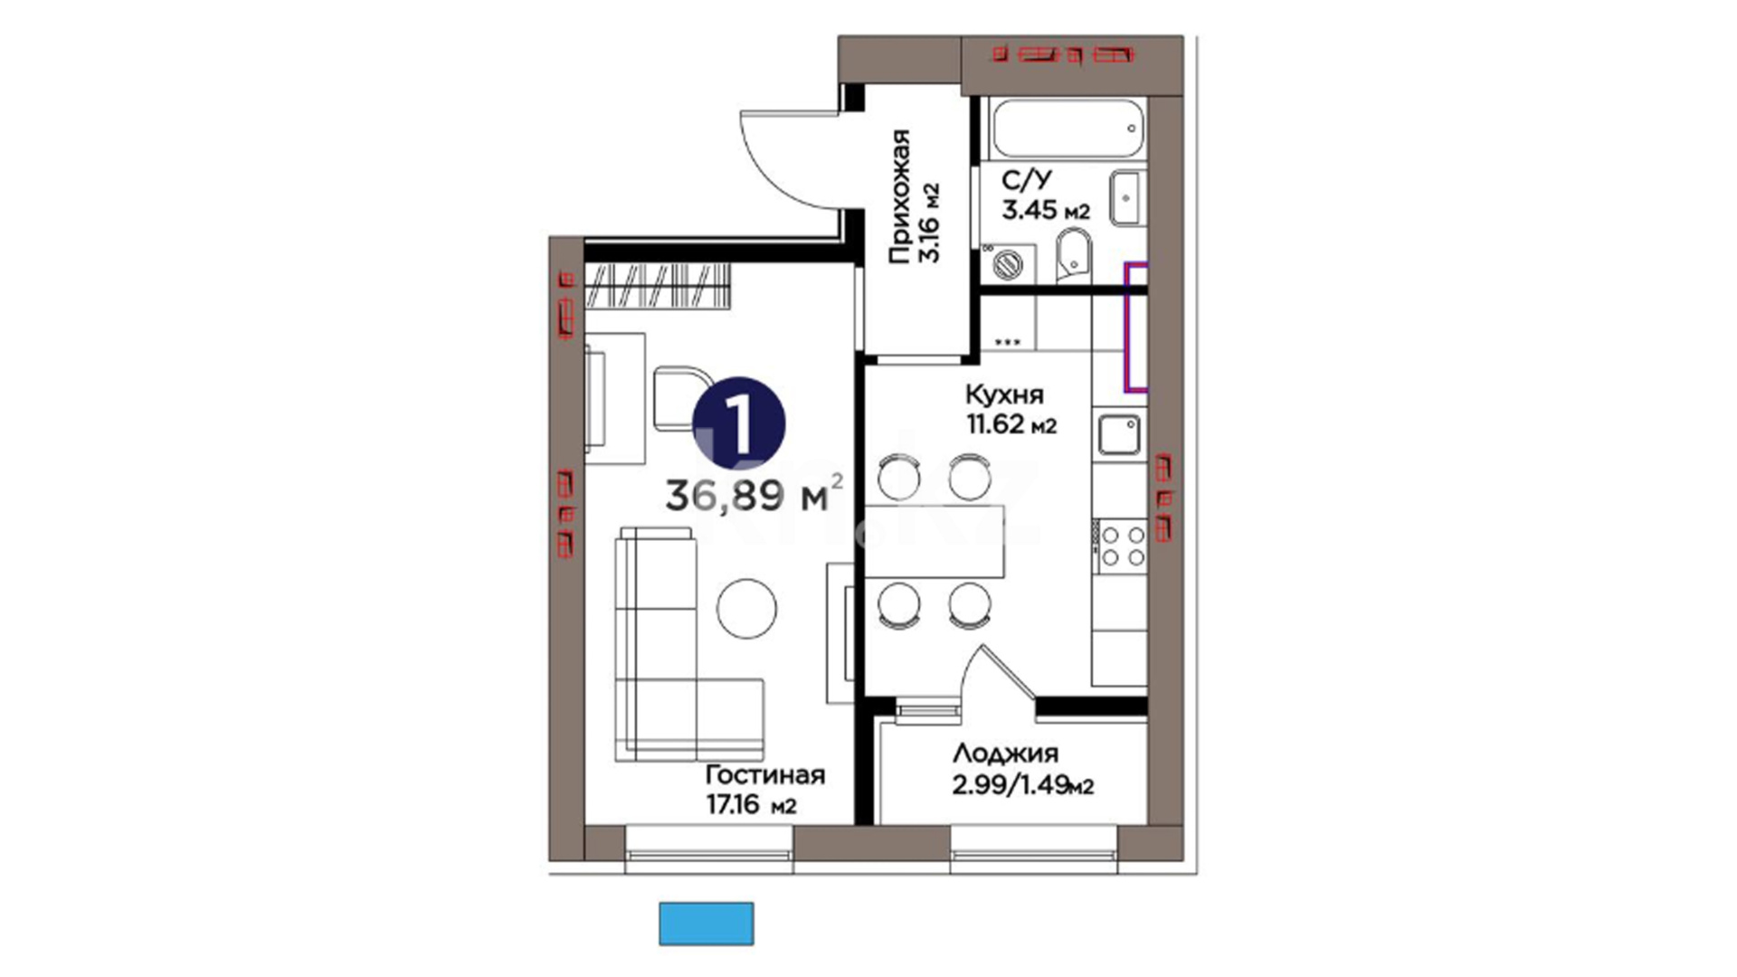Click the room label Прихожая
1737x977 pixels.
pyautogui.click(x=899, y=197)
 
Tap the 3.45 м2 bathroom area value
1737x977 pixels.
pyautogui.click(x=1045, y=210)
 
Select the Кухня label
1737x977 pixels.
pyautogui.click(x=1004, y=394)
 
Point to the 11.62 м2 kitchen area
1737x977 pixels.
pyautogui.click(x=1011, y=423)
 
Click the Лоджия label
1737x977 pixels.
pyautogui.click(x=1005, y=754)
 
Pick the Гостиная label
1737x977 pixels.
pyautogui.click(x=765, y=775)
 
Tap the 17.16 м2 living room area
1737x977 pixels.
pyautogui.click(x=751, y=804)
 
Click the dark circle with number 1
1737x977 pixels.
pyautogui.click(x=739, y=423)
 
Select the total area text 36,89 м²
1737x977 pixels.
pyautogui.click(x=755, y=495)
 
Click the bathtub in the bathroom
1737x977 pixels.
pyautogui.click(x=1068, y=128)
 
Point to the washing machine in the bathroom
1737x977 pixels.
pyautogui.click(x=1008, y=262)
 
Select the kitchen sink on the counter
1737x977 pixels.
pyautogui.click(x=1120, y=435)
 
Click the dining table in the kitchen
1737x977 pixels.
pyautogui.click(x=935, y=541)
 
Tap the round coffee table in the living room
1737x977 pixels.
pyautogui.click(x=746, y=608)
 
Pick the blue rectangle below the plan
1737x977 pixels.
pyautogui.click(x=706, y=924)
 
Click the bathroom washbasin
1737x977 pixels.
pyautogui.click(x=1128, y=197)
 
